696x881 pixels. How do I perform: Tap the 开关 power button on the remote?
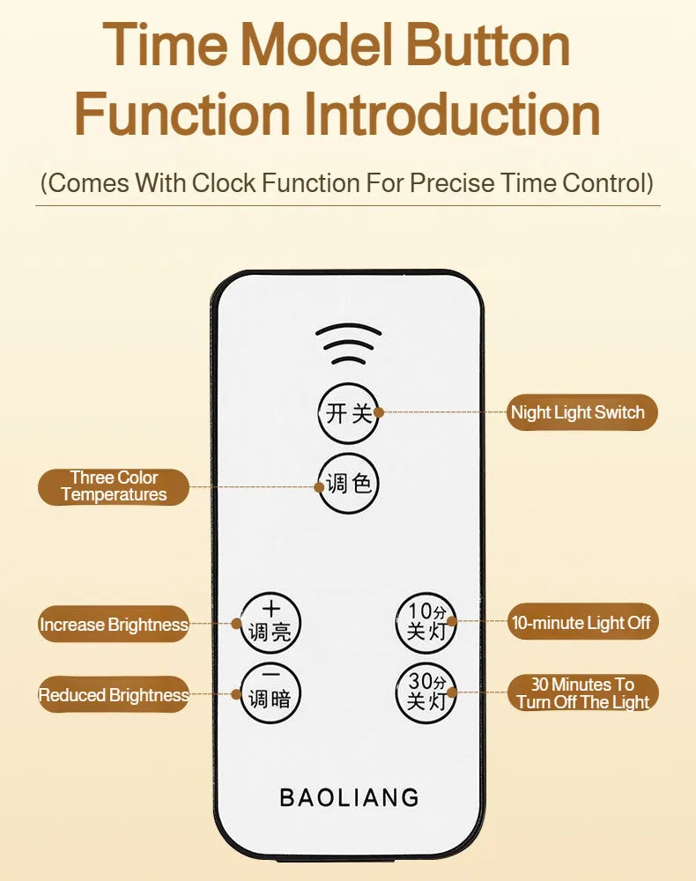click(348, 413)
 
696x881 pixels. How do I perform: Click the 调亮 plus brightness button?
click(270, 623)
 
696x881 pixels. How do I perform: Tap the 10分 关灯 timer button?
click(426, 623)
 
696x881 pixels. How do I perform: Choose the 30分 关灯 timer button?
click(426, 692)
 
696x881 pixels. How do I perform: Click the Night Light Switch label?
click(581, 412)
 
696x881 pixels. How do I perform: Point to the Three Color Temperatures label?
click(114, 486)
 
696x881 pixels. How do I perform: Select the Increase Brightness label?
click(114, 625)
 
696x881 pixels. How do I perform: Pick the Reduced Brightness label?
click(114, 694)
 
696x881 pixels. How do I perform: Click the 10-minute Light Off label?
click(582, 622)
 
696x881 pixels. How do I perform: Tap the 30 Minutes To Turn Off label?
click(582, 692)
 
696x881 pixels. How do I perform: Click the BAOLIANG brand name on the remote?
click(350, 797)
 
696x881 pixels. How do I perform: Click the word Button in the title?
click(487, 45)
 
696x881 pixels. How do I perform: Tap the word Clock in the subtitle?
click(224, 183)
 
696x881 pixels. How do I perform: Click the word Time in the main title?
click(165, 45)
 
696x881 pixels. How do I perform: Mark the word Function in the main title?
click(182, 114)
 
